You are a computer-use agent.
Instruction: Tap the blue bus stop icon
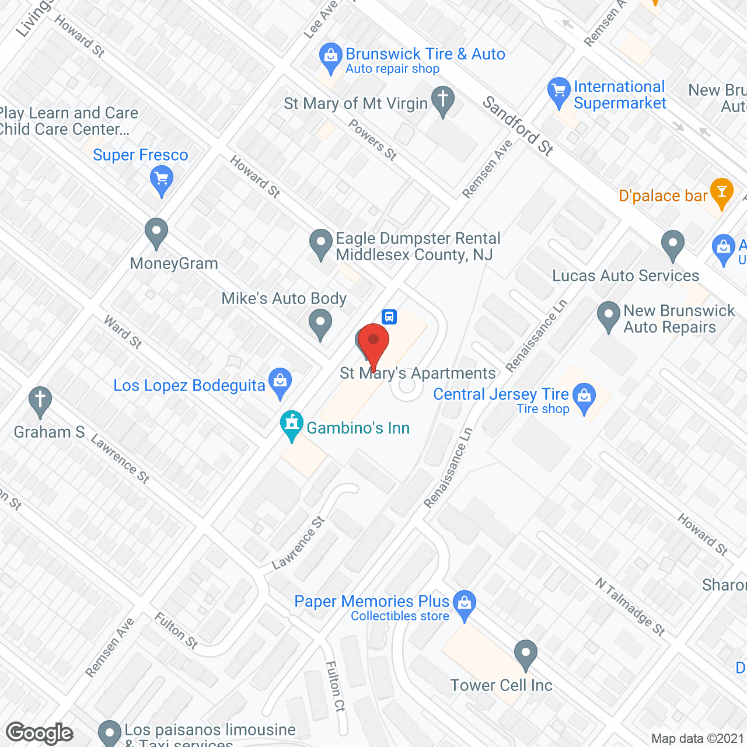tap(389, 317)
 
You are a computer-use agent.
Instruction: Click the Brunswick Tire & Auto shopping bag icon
tap(331, 58)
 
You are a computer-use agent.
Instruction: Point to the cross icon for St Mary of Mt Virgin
tap(443, 100)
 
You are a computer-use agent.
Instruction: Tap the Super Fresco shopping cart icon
tap(162, 180)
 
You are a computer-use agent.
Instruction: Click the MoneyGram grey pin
tap(156, 232)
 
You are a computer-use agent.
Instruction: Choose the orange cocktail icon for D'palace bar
tap(722, 193)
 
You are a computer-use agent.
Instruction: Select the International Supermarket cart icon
tap(559, 92)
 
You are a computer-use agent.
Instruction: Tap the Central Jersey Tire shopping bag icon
tap(584, 397)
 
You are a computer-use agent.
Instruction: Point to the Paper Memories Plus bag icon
tap(465, 604)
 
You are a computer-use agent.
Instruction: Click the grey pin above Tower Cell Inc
tap(526, 654)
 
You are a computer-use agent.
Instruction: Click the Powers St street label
tap(373, 139)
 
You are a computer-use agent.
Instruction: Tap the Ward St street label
tap(123, 332)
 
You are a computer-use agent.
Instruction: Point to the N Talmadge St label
tap(630, 606)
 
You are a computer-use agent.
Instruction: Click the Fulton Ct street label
tap(335, 686)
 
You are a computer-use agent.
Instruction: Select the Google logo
tap(40, 733)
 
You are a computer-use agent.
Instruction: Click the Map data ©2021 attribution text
tap(697, 739)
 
